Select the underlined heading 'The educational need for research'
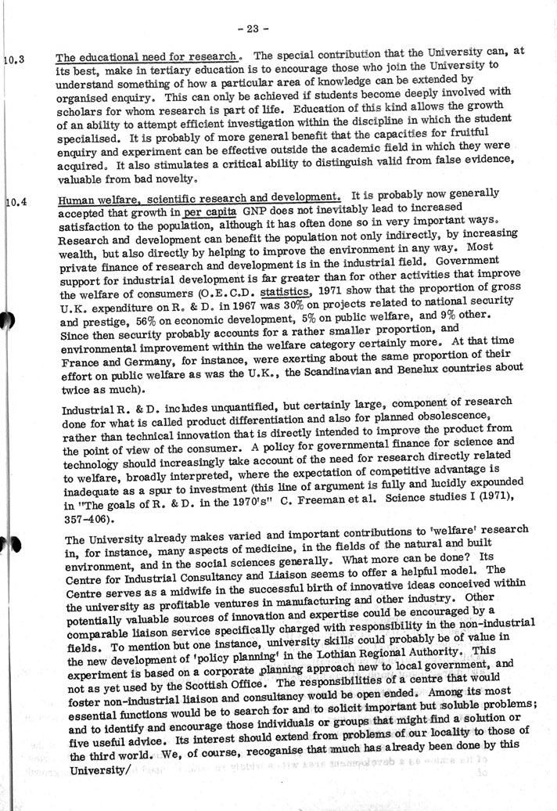tap(147, 56)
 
